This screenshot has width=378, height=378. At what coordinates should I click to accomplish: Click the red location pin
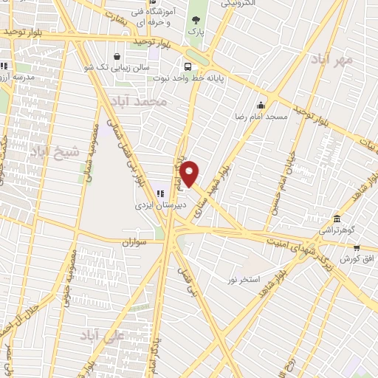tap(190, 173)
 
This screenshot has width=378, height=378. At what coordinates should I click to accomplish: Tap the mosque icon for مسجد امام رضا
tap(260, 104)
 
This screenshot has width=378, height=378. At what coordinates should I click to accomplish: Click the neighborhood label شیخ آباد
tap(49, 152)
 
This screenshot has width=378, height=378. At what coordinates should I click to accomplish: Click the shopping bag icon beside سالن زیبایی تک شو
tap(117, 56)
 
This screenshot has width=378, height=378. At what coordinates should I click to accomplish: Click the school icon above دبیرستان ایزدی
tap(160, 193)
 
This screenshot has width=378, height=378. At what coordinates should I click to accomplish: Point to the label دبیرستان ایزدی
tap(165, 205)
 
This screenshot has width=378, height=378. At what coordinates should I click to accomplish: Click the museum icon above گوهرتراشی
tap(337, 219)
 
